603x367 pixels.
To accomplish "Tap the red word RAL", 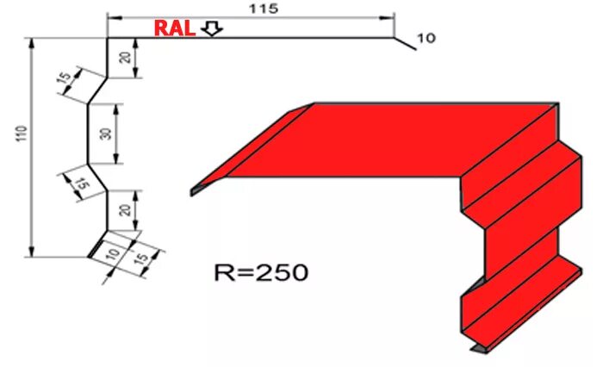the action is pyautogui.click(x=173, y=28).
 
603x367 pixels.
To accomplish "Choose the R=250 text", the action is pyautogui.click(x=261, y=274).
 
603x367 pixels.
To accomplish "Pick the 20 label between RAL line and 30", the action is pyautogui.click(x=126, y=58).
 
